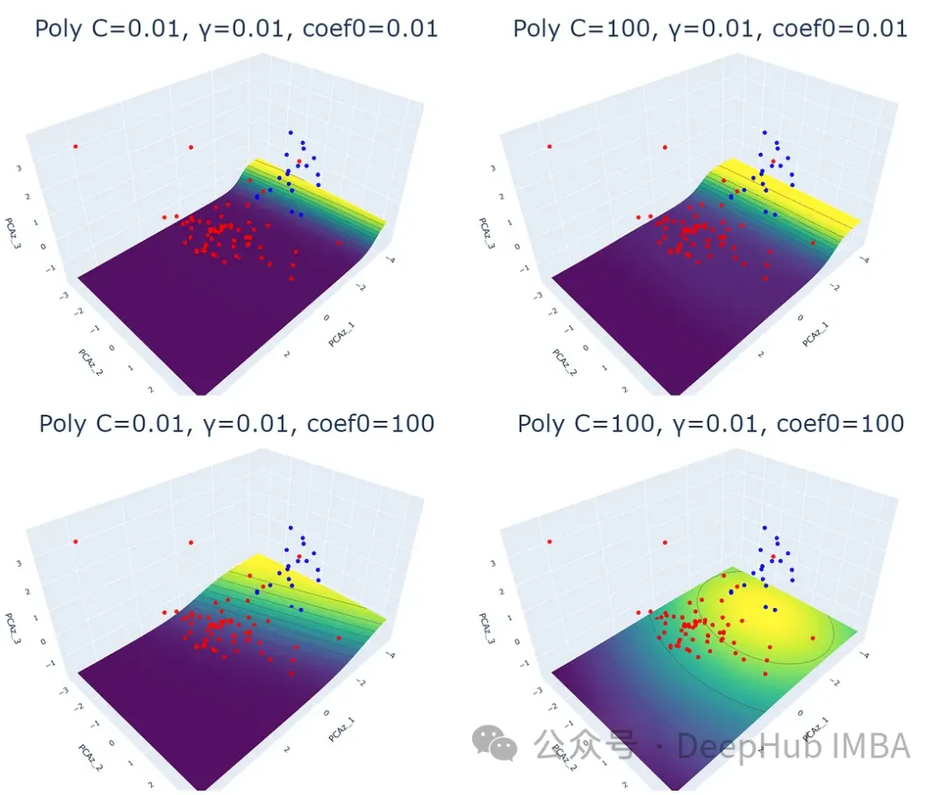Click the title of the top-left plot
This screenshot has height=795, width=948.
[236, 28]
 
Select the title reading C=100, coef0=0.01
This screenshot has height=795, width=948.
[710, 28]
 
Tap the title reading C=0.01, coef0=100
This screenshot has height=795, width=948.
[236, 423]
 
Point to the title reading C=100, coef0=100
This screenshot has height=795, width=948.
[710, 423]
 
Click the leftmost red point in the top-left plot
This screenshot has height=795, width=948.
[75, 147]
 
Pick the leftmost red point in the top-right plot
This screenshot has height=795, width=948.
[549, 147]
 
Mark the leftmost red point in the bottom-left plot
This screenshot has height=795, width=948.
[75, 541]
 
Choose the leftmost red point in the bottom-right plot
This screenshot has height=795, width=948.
[549, 541]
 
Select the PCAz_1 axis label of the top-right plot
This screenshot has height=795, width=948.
[815, 332]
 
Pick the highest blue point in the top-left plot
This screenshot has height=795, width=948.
[291, 133]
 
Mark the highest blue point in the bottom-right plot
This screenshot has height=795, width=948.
[765, 528]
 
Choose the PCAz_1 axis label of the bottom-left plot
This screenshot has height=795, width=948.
[341, 727]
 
